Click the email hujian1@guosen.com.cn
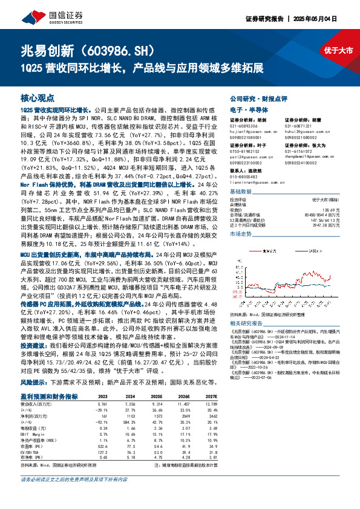(251, 131)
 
